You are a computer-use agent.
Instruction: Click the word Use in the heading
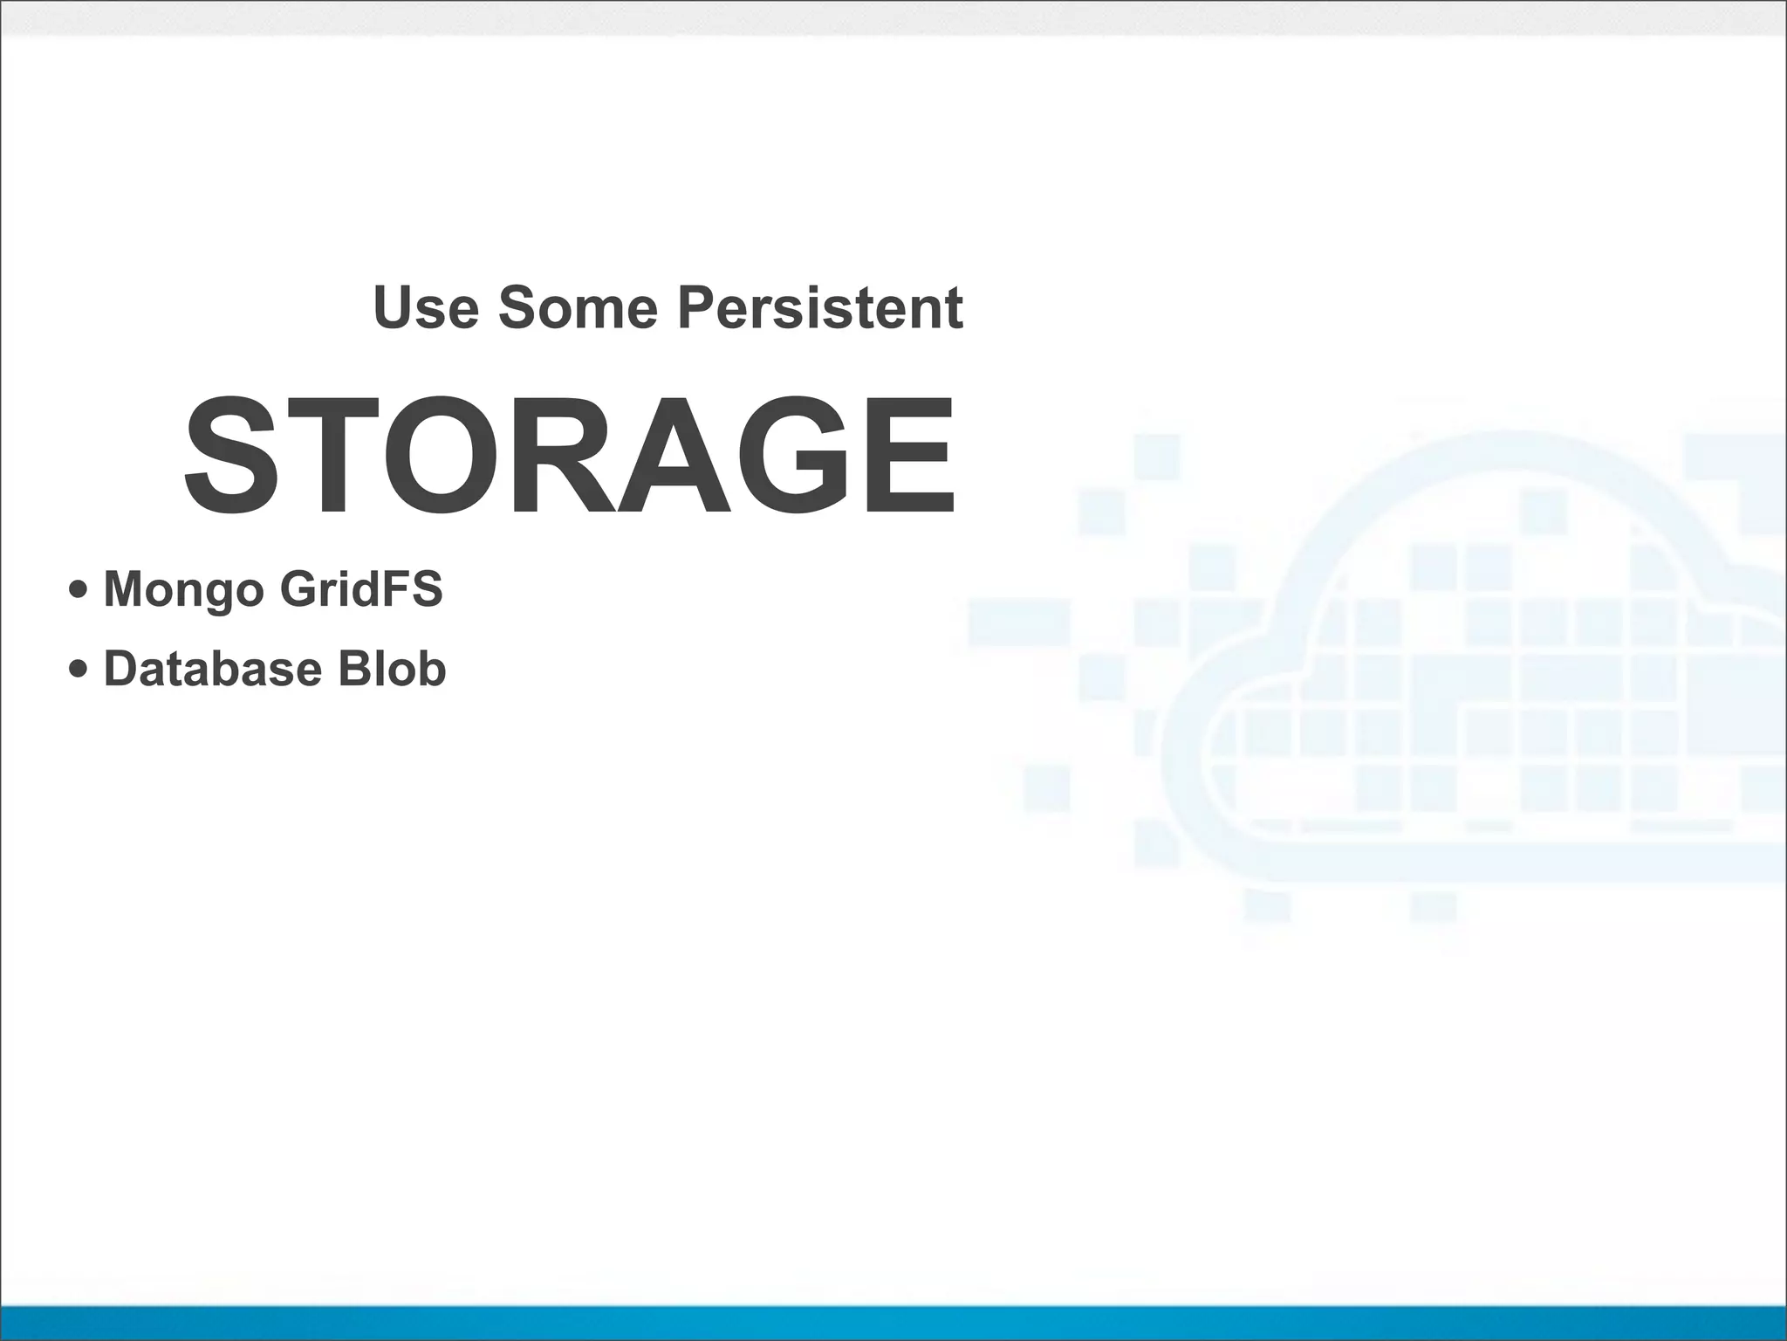(426, 307)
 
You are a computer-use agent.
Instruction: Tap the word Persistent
(820, 307)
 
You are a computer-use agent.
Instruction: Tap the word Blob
(392, 669)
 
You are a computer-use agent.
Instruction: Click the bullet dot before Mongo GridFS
(78, 590)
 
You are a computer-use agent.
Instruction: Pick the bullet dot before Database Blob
(78, 670)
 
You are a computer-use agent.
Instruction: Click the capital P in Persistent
(696, 307)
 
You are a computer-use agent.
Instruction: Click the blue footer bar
(893, 1323)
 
